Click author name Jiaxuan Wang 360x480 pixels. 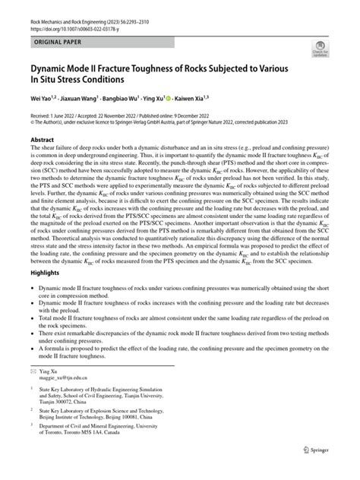pyautogui.click(x=84, y=99)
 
